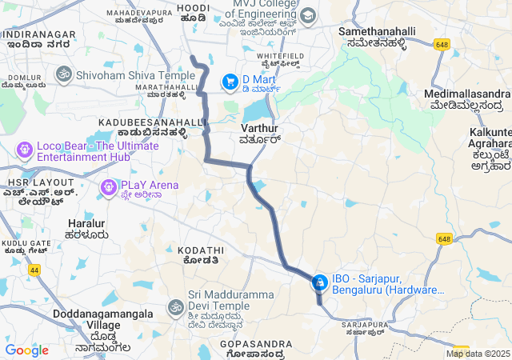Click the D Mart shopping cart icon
pos(230,80)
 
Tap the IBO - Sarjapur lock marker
pos(319,282)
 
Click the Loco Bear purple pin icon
pos(24,149)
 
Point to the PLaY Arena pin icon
pos(107,187)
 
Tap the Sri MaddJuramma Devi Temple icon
pos(175,306)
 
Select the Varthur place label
pos(259,128)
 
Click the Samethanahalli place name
pos(378,31)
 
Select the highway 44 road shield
pos(35,270)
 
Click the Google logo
pos(26,350)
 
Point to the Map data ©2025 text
pos(478,354)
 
